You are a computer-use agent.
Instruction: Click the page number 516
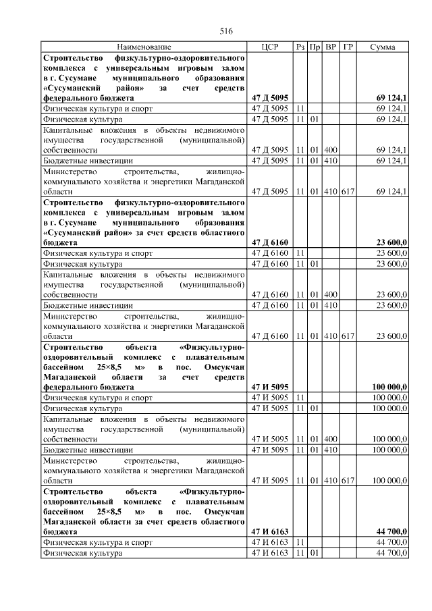click(x=226, y=32)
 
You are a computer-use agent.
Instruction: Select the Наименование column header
click(x=144, y=47)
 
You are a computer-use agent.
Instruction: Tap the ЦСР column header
click(x=269, y=47)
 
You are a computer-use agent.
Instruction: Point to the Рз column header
click(x=300, y=47)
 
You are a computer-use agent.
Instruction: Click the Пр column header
click(x=315, y=47)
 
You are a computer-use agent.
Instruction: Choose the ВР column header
click(x=331, y=47)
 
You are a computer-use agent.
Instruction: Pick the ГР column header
click(x=348, y=47)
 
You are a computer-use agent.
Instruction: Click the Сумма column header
click(x=383, y=47)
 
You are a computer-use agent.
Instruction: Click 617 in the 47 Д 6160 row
click(x=348, y=336)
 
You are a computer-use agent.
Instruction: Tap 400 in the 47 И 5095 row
click(x=331, y=439)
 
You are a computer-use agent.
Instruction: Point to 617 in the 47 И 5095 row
click(x=348, y=481)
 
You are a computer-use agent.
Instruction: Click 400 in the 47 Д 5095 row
click(x=331, y=149)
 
